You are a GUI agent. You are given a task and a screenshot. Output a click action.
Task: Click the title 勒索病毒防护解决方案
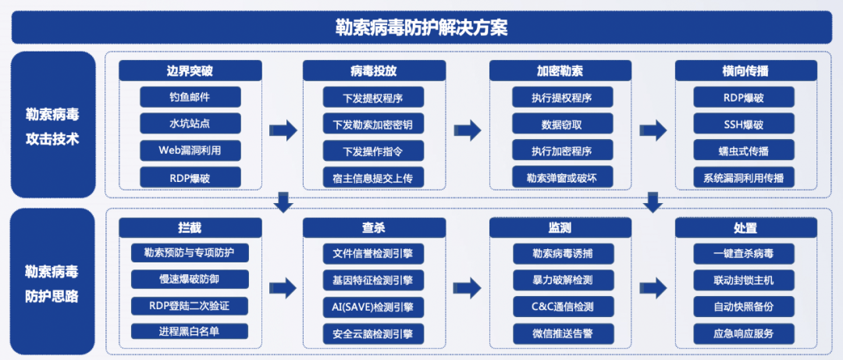[421, 28]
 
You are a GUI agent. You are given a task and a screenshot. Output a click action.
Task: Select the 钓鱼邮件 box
[190, 98]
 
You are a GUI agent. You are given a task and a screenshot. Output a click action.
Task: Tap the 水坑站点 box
[190, 124]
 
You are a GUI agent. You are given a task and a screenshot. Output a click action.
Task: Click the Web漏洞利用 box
[190, 151]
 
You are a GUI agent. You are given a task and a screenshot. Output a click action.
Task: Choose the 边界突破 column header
[190, 71]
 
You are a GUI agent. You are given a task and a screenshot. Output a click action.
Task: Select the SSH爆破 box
[744, 124]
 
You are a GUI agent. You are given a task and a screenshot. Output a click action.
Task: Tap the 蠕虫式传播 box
[744, 151]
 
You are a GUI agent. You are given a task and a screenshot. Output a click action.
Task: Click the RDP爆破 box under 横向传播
[744, 98]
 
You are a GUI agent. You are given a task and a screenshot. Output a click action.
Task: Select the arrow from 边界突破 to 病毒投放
[282, 130]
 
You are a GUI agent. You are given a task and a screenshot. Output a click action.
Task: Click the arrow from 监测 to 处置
[653, 284]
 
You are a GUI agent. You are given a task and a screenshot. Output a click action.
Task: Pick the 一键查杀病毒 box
[744, 253]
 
